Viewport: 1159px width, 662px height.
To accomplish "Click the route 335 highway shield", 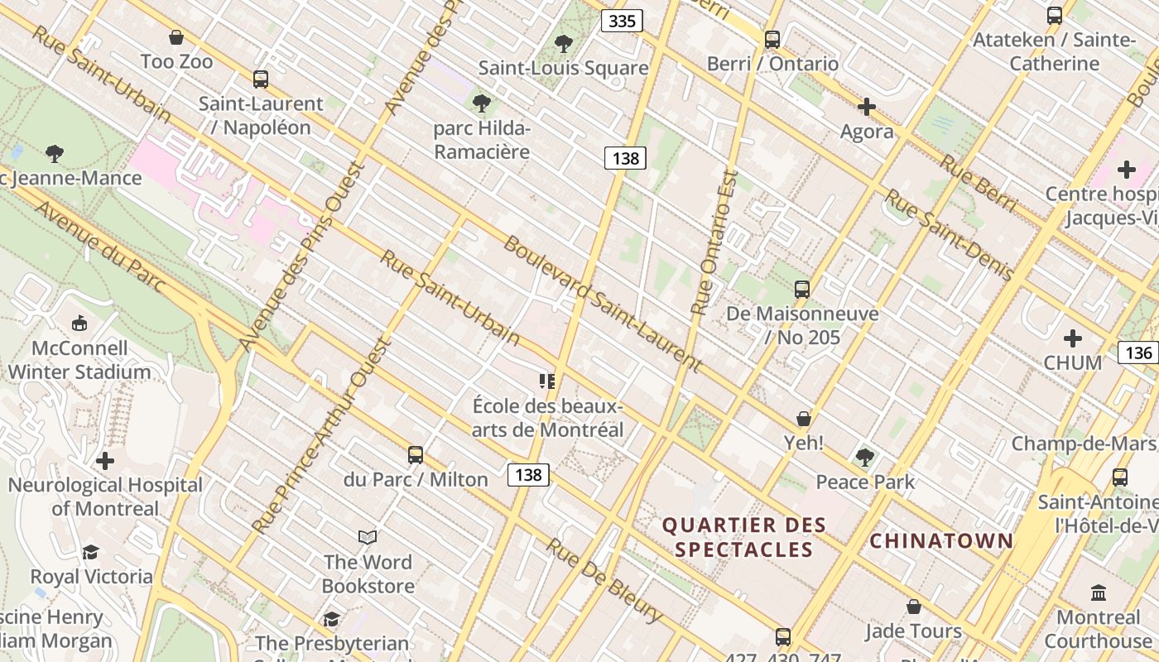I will [621, 21].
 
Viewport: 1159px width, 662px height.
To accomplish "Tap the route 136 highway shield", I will [1138, 353].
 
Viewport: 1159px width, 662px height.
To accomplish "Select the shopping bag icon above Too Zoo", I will [176, 37].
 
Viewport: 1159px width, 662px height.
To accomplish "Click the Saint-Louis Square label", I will [563, 68].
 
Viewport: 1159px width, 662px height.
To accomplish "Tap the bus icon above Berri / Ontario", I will [772, 39].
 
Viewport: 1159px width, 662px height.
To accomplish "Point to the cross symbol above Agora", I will [867, 107].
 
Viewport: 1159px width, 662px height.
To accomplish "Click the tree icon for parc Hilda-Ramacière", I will [481, 103].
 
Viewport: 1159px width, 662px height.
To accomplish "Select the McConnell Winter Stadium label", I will [79, 360].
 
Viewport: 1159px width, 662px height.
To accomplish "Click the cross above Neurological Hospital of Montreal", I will [105, 461].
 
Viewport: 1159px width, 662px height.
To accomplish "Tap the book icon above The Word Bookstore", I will [368, 538].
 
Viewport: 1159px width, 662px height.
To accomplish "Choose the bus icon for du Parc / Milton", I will [416, 454].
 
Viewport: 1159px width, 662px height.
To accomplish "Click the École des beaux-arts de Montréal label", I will [547, 418].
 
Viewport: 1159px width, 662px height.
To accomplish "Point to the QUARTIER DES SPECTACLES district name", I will [743, 537].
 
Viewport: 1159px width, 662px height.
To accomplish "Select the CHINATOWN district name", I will [941, 541].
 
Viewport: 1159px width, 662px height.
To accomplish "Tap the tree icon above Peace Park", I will [865, 457].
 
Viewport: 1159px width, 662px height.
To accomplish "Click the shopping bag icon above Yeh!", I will [803, 418].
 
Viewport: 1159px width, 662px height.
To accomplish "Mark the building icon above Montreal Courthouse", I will [1099, 592].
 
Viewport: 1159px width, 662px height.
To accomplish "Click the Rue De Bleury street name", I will [604, 581].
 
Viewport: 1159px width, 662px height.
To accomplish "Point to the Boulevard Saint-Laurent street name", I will [602, 304].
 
